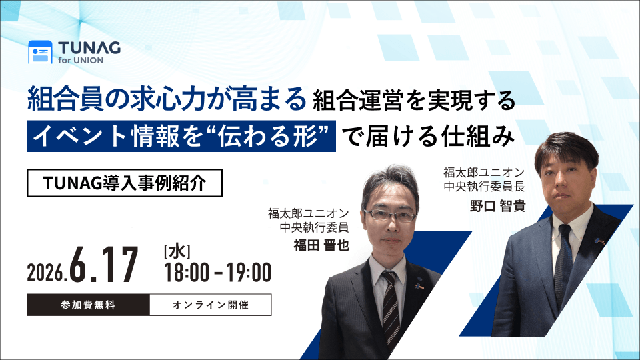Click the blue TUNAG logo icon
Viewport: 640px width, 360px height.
(x=40, y=52)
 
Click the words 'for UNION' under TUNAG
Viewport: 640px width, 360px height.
(x=81, y=61)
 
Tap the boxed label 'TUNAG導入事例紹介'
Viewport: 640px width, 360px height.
(x=125, y=183)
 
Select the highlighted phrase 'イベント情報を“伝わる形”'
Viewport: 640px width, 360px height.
(x=181, y=136)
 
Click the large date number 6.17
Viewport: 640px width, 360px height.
(x=104, y=265)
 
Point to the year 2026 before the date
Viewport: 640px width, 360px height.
(x=46, y=272)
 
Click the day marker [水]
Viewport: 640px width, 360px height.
(x=177, y=252)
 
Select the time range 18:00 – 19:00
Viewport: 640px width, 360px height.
(x=217, y=273)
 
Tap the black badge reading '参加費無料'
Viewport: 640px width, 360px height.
(x=88, y=305)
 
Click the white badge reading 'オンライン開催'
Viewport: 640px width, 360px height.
(x=211, y=305)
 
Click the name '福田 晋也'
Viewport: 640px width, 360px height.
(x=321, y=245)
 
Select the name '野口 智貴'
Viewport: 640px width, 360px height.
(x=497, y=206)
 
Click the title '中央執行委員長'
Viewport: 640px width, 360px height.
(x=484, y=187)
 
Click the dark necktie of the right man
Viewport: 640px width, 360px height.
(x=563, y=265)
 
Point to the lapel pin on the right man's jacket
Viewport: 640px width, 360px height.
(x=599, y=241)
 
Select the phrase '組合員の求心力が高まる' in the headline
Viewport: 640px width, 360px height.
(x=167, y=99)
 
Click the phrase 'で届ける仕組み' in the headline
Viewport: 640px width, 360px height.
(x=428, y=136)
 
